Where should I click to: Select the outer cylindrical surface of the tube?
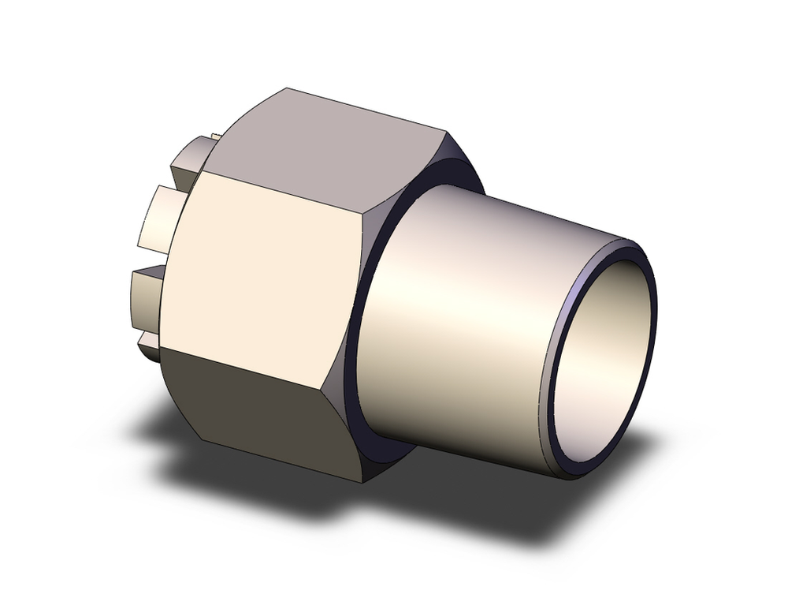tap(473, 316)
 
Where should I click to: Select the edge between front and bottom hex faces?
tap(260, 366)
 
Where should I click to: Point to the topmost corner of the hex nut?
tap(288, 88)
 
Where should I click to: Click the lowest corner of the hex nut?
tap(363, 482)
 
